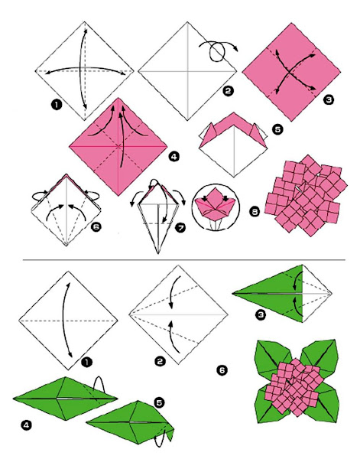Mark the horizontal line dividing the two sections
pos(180,260)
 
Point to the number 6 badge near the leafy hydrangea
pos(222,371)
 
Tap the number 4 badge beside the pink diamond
pos(174,157)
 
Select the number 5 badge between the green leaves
pos(158,402)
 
